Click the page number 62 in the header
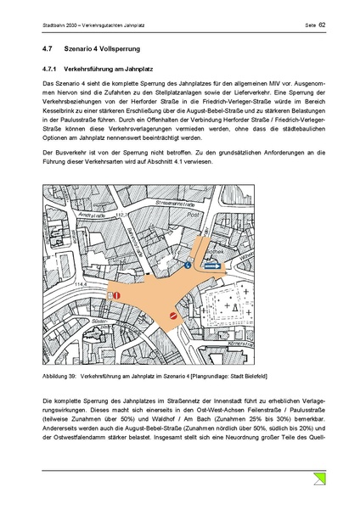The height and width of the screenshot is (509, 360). point(323,25)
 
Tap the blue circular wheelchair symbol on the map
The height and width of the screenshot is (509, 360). point(188,264)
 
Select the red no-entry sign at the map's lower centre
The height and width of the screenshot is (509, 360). point(173,316)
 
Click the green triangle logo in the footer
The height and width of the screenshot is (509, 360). point(320,481)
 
